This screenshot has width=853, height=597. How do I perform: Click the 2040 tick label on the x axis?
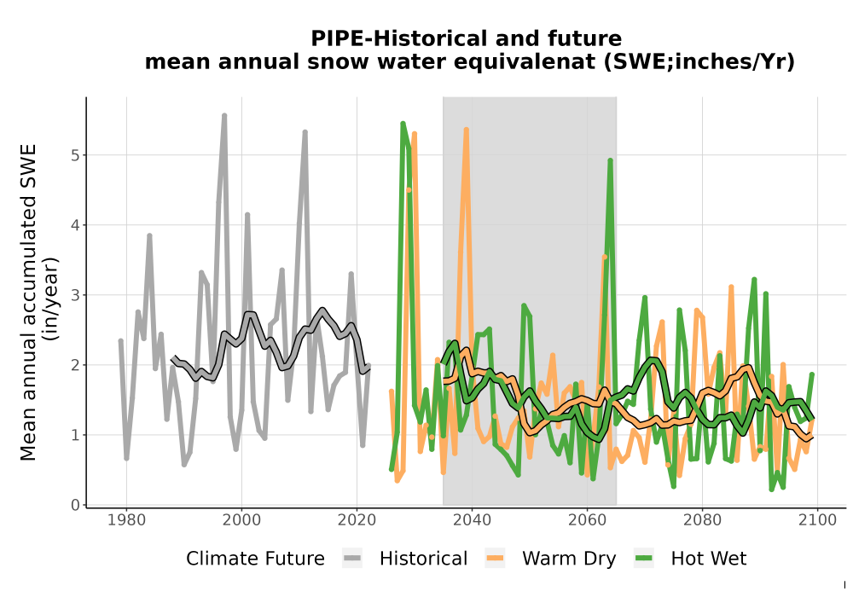[x=472, y=519]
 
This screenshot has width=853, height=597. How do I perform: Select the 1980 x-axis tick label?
[x=126, y=519]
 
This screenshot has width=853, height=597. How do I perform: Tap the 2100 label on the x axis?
[x=817, y=519]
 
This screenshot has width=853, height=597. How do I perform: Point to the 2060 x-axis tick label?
[x=587, y=519]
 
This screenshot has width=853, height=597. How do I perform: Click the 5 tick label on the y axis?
[x=75, y=155]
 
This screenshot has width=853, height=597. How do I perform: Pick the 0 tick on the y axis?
[x=75, y=505]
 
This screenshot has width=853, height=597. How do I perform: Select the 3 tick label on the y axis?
[x=75, y=295]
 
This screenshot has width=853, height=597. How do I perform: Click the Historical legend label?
[x=423, y=559]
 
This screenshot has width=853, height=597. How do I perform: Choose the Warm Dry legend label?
[x=569, y=559]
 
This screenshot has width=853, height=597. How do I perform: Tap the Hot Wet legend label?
[x=708, y=559]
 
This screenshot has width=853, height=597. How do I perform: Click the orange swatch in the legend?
[x=495, y=559]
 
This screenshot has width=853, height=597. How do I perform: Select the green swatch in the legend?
[x=643, y=559]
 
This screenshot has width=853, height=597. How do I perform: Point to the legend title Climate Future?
[x=255, y=559]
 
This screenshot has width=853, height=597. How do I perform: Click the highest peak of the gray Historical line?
[x=224, y=115]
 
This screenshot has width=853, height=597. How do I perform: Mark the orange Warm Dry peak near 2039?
[x=467, y=130]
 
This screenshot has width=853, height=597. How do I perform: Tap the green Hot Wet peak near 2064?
[x=611, y=160]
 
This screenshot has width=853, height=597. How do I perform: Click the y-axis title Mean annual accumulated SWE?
[x=28, y=302]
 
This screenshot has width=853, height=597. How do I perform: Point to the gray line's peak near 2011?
[x=305, y=131]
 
